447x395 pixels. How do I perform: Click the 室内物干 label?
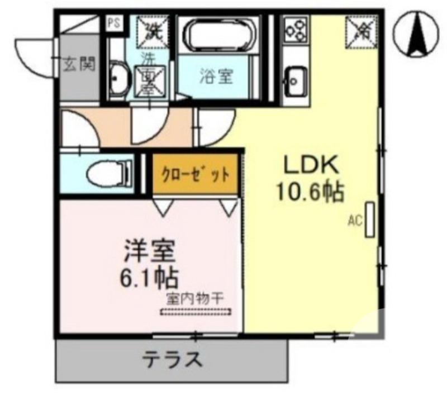[x=194, y=298]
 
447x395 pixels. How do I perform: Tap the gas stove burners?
[x=296, y=30]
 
